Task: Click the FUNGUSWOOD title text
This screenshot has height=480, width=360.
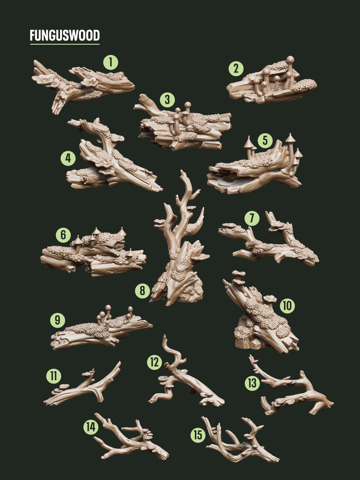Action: [x=64, y=35]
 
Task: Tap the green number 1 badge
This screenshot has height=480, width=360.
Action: [x=111, y=63]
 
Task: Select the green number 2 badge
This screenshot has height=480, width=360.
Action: [x=236, y=69]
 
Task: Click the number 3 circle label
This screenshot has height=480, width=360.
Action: [x=167, y=100]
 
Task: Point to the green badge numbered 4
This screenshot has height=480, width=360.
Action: [x=68, y=158]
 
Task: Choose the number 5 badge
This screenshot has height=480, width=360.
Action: [x=265, y=140]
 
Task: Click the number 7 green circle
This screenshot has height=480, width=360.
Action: [x=252, y=219]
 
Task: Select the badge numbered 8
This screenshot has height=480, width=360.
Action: [x=142, y=290]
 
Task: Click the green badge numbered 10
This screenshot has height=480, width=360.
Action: [x=287, y=306]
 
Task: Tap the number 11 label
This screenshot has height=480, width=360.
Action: [x=54, y=376]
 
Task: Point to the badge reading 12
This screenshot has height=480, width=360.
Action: [x=154, y=362]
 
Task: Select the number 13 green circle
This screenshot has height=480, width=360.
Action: [x=252, y=383]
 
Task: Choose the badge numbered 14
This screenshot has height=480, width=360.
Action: [x=91, y=427]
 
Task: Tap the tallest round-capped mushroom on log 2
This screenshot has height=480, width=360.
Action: [x=290, y=60]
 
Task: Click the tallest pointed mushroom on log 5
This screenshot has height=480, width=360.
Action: [x=290, y=139]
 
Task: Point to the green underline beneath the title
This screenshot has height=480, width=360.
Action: [x=64, y=44]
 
